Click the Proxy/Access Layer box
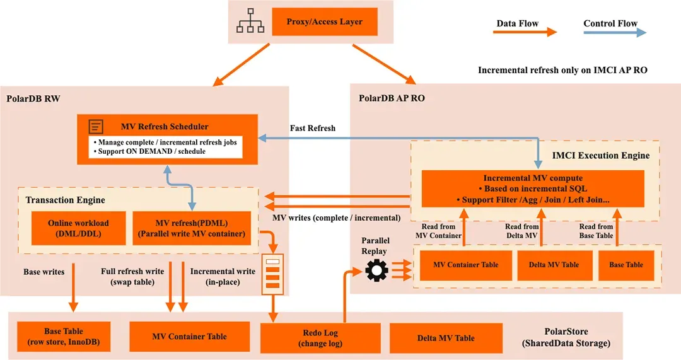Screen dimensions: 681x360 pos(325,21)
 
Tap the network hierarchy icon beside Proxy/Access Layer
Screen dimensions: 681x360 pos(250,21)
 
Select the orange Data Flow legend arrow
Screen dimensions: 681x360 pos(525,32)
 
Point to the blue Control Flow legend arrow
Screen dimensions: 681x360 pos(615,32)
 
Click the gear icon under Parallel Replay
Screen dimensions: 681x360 pos(376,270)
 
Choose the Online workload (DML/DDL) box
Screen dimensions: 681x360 pos(79,228)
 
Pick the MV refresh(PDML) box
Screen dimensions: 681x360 pos(192,228)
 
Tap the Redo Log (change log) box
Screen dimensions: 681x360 pos(320,338)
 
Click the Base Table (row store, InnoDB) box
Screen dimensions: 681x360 pos(64,337)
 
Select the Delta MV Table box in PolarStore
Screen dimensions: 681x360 pos(446,338)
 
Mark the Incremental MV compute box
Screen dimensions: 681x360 pos(533,189)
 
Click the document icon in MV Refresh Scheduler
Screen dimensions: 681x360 pos(96,126)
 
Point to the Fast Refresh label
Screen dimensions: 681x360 pos(313,128)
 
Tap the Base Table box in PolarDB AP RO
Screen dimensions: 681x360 pos(626,265)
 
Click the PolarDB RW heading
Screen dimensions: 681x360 pos(33,98)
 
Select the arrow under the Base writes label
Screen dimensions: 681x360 pos(73,287)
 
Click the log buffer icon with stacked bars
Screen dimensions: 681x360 pos(273,274)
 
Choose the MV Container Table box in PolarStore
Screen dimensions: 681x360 pos(189,337)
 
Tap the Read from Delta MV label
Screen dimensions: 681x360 pos(521,231)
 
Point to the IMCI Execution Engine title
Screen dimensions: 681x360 pos(601,156)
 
